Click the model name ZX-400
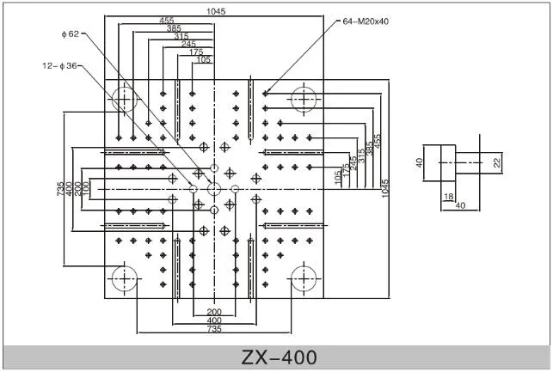(x=277, y=357)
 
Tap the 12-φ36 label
(x=59, y=64)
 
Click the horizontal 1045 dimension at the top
(x=217, y=11)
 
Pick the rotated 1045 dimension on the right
(x=386, y=186)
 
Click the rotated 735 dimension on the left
(x=61, y=187)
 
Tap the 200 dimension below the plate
(x=213, y=311)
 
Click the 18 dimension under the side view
(x=448, y=198)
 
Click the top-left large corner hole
(x=125, y=99)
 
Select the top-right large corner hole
(x=303, y=99)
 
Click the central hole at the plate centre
(x=213, y=187)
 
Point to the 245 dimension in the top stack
(x=188, y=44)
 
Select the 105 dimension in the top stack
(x=203, y=59)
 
